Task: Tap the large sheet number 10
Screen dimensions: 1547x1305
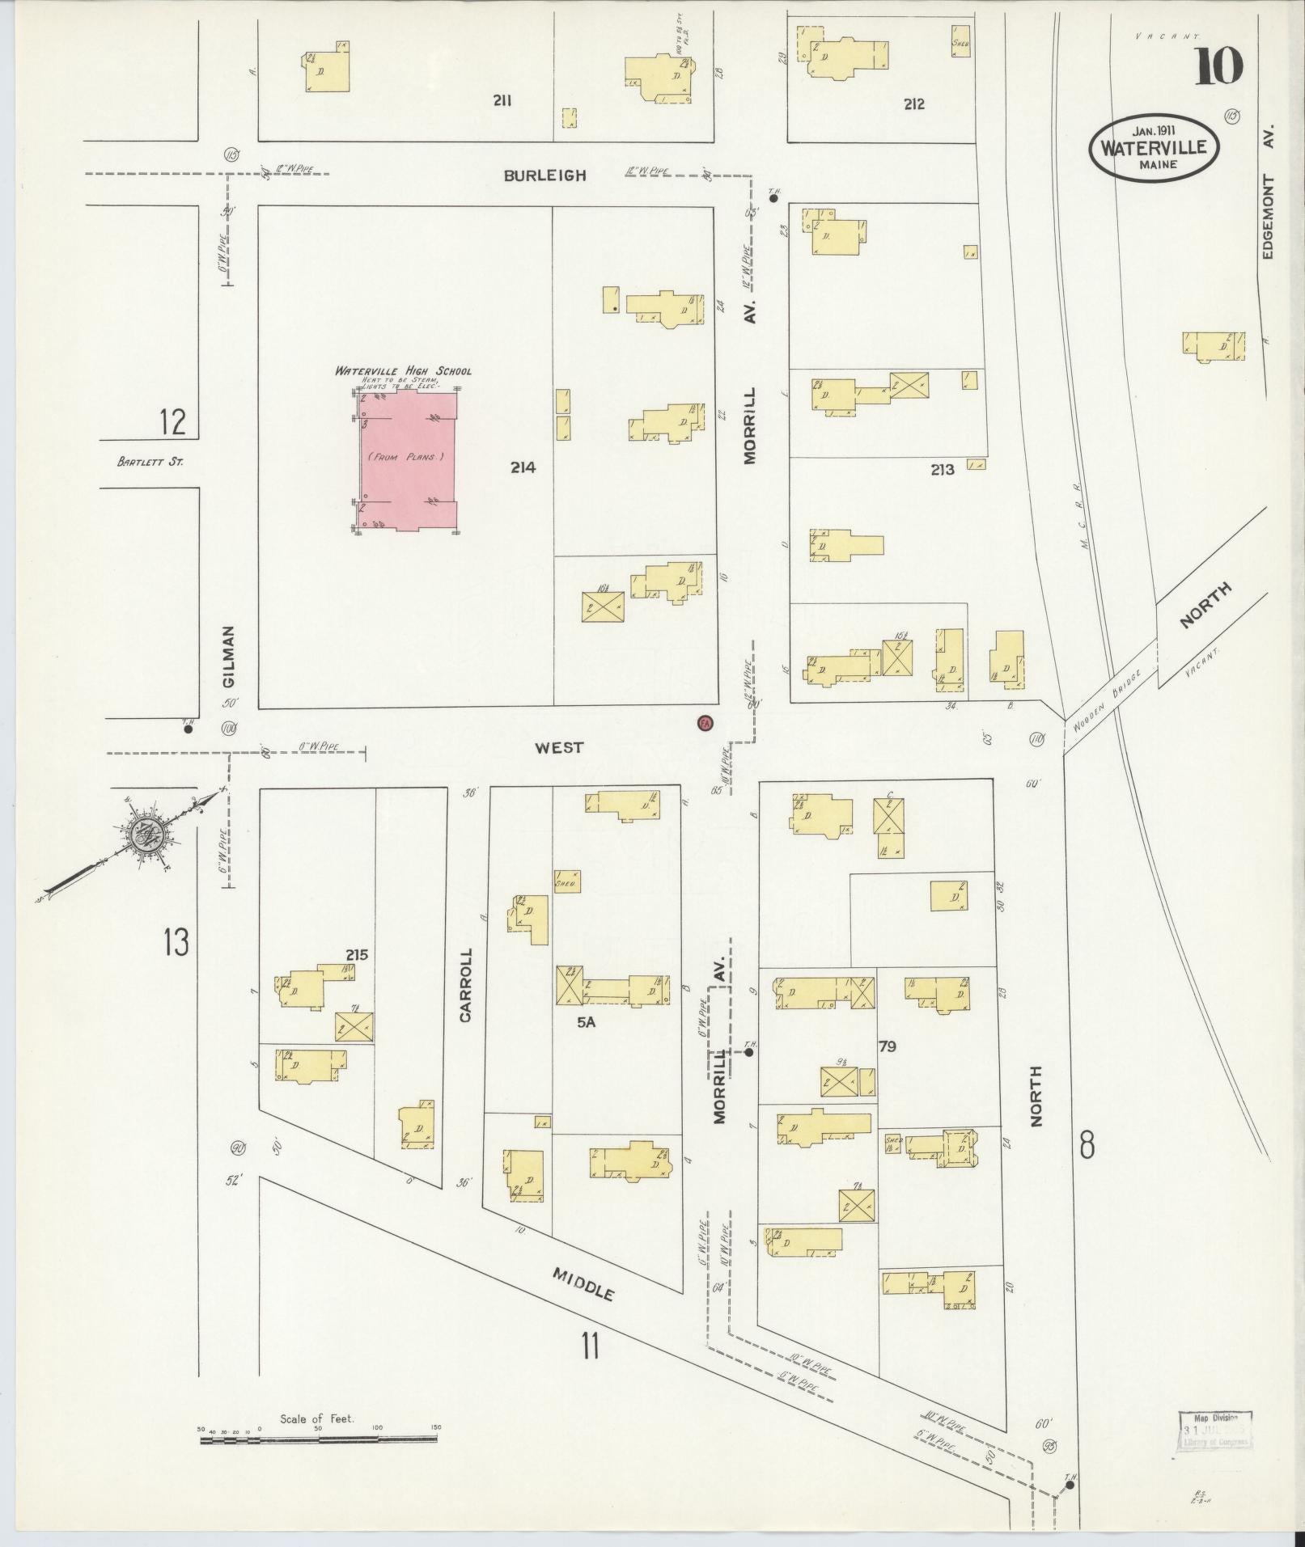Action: point(1218,67)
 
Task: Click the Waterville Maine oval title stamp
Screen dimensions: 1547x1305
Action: point(1154,146)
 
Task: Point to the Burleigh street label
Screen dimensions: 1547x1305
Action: point(544,175)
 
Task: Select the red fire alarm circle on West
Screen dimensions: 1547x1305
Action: point(705,723)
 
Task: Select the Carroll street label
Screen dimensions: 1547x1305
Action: point(465,985)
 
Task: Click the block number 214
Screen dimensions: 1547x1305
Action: point(523,467)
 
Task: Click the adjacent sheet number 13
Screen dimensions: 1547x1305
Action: point(176,942)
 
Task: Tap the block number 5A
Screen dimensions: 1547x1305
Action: point(586,1022)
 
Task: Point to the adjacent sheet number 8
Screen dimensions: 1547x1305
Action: point(1087,1145)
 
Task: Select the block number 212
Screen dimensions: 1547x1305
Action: point(914,104)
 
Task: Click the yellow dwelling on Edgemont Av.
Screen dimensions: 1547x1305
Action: point(1213,345)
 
